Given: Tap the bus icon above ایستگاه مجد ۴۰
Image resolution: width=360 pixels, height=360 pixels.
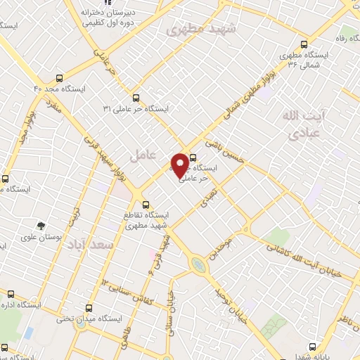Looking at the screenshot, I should (x=59, y=79).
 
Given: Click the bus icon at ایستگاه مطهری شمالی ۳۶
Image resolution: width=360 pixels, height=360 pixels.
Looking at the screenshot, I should (x=303, y=42).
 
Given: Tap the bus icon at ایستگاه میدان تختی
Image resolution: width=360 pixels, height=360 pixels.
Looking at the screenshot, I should (x=89, y=307).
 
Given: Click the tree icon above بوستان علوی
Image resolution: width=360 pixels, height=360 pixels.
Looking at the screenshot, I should (x=42, y=226).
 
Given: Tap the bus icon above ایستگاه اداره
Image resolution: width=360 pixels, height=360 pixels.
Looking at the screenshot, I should (x=11, y=293).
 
